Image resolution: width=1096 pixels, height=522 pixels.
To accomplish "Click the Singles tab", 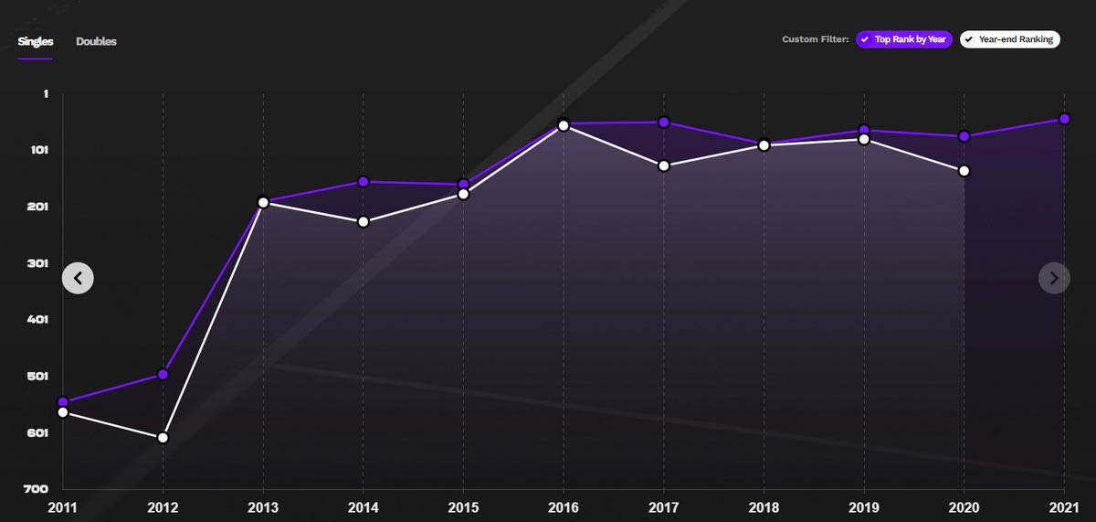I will [x=35, y=41].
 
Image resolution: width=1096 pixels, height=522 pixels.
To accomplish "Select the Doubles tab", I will [x=96, y=41].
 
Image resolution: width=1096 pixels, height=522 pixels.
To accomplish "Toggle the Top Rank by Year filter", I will [x=904, y=39].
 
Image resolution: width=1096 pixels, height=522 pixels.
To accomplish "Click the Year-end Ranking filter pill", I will [x=1009, y=39].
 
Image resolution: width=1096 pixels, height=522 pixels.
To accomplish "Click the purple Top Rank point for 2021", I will [x=1064, y=119].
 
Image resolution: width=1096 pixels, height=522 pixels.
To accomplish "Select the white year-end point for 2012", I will [x=163, y=438].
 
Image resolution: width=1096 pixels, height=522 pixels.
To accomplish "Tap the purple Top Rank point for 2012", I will [x=163, y=374].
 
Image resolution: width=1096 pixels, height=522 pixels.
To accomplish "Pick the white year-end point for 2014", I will [x=364, y=222].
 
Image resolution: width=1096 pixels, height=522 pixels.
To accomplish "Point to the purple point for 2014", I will [x=364, y=182].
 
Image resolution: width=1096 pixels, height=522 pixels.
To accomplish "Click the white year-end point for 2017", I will [x=664, y=165].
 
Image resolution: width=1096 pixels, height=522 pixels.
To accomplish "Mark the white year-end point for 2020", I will [x=964, y=171].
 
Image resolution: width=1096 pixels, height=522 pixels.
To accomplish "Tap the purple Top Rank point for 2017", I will [x=664, y=123].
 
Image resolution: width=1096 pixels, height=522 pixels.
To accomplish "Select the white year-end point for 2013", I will [x=263, y=202].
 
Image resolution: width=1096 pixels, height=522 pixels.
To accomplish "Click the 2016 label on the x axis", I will [x=564, y=506].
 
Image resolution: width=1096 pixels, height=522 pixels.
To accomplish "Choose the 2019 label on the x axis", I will [x=864, y=506].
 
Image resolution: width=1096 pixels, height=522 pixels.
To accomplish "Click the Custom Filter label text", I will [x=815, y=39].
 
